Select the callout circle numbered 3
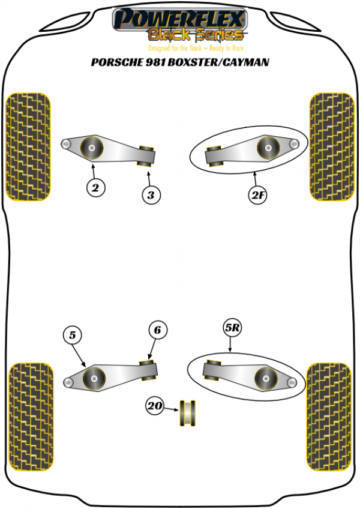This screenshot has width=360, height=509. [151, 194]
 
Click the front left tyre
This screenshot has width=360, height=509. [28, 146]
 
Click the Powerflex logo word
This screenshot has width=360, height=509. [179, 17]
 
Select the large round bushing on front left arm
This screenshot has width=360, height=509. [91, 147]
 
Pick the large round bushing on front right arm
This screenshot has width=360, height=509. [267, 147]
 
